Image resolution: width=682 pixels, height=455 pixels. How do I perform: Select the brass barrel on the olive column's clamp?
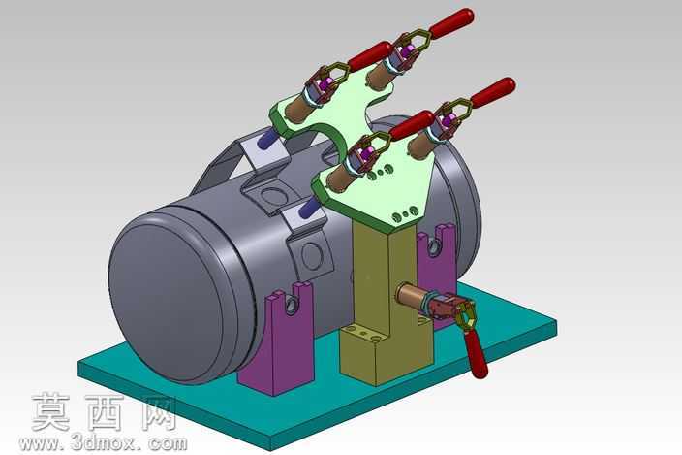[412, 296]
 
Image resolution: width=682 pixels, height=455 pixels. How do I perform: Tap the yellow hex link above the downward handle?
[466, 317]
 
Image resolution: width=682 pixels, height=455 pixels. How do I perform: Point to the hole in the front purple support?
[291, 303]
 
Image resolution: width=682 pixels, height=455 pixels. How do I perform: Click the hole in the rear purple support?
[433, 247]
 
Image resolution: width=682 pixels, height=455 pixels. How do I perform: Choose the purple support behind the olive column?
[437, 270]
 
